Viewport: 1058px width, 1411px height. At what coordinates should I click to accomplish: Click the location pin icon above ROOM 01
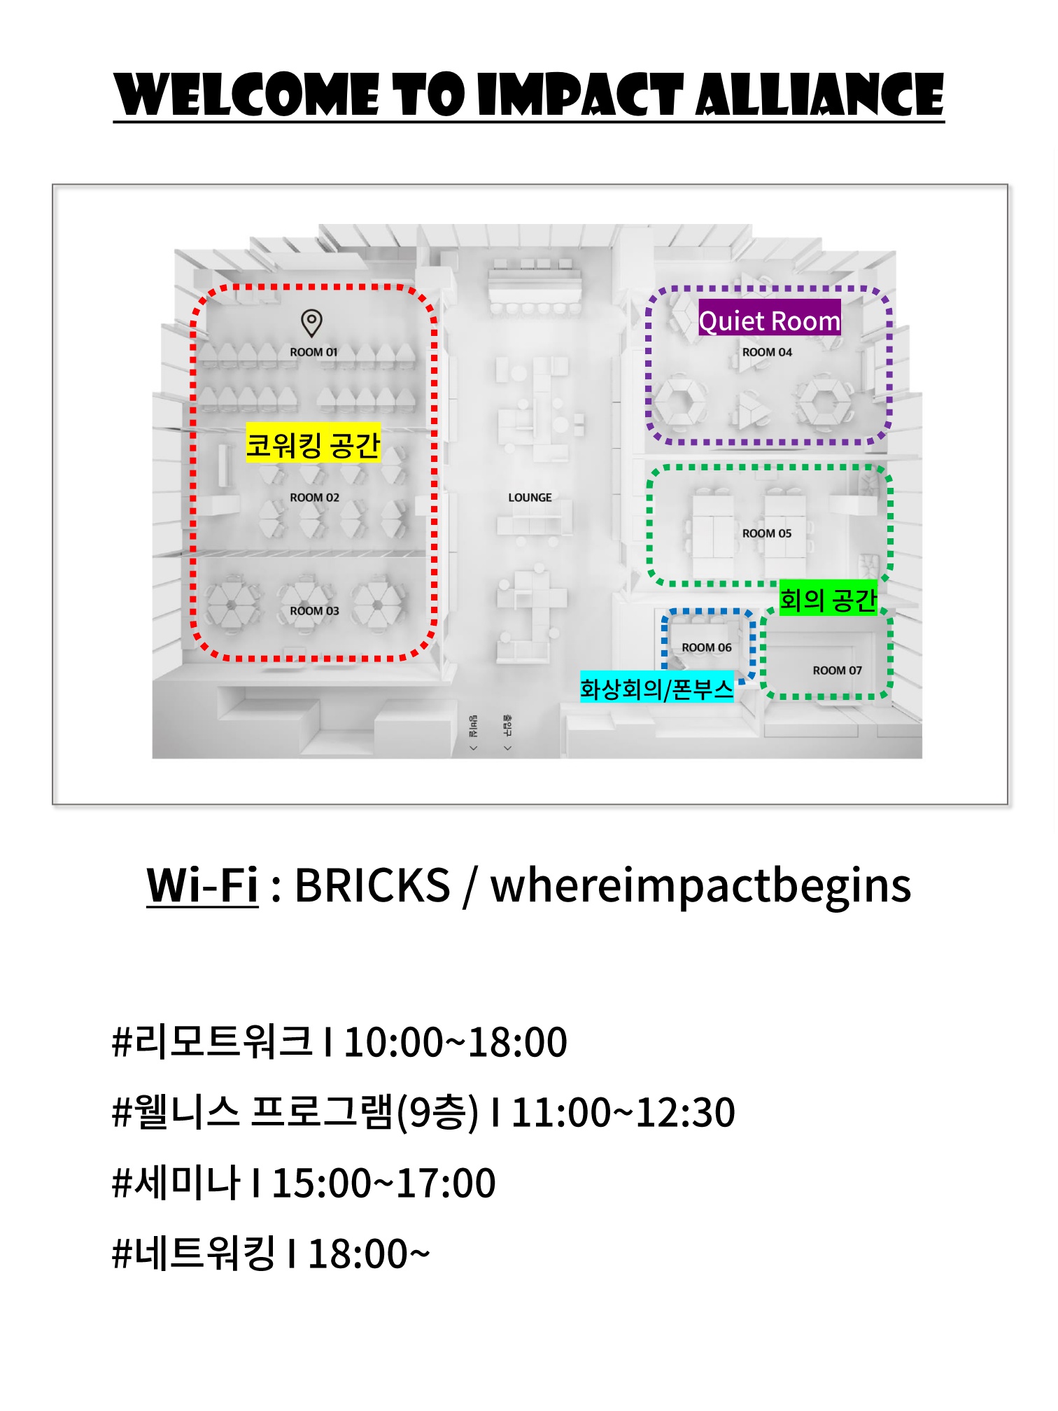pos(311,323)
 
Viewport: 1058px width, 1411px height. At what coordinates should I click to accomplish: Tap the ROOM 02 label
pos(314,498)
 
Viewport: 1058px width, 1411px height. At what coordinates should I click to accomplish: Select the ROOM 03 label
pos(314,611)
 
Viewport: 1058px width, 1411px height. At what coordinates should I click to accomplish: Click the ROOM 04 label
pos(767,353)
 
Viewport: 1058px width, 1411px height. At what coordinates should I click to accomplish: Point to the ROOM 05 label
pos(767,533)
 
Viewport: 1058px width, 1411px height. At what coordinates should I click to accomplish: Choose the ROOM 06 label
pos(707,648)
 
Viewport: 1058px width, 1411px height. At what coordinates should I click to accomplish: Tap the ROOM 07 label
pos(837,671)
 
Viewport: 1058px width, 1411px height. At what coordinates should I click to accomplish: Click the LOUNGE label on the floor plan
pos(530,498)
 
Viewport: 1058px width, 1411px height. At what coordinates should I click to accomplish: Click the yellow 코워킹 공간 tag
pos(313,444)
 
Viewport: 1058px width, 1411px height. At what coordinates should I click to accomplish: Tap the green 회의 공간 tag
pos(828,599)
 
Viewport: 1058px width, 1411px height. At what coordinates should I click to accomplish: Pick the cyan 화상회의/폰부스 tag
pos(656,689)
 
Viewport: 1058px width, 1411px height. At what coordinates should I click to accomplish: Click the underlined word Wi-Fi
pos(202,885)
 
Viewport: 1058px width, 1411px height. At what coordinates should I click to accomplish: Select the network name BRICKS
pos(372,885)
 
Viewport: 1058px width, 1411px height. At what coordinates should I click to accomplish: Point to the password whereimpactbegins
pos(700,885)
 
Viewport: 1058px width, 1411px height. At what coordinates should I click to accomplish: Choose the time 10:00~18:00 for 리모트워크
pos(456,1042)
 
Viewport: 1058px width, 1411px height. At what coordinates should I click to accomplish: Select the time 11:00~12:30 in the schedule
pos(623,1112)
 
